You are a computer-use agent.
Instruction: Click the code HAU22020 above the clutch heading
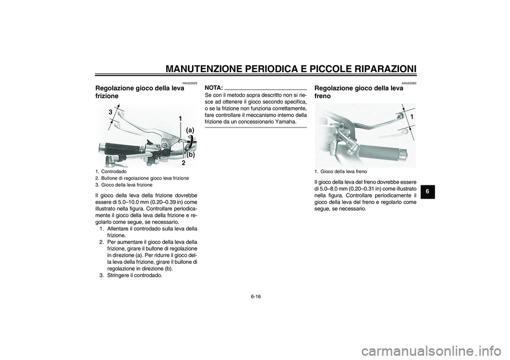pos(189,83)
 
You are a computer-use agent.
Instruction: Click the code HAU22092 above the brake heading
pos(409,83)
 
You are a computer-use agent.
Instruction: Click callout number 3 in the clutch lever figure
pos(110,113)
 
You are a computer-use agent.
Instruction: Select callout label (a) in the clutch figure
pos(190,130)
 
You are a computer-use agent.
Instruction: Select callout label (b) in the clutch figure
pos(190,155)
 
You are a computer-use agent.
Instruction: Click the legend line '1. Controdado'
pos(111,172)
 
